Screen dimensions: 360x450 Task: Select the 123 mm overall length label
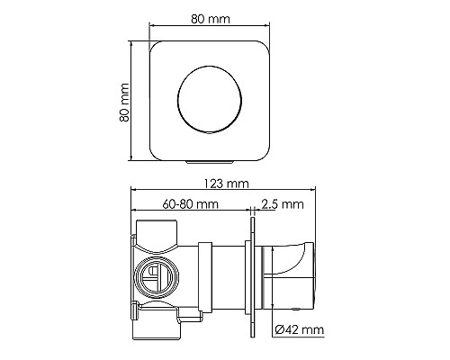tap(223, 184)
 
